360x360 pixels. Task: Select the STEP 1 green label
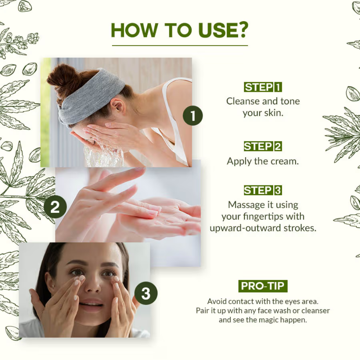(x=263, y=87)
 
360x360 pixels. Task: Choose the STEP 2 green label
(x=263, y=147)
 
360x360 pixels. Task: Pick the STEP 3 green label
(x=263, y=190)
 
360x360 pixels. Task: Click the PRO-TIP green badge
(x=263, y=286)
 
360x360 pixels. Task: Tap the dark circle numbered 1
(x=193, y=116)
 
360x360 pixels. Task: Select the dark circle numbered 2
(x=55, y=207)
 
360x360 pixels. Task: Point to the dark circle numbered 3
(x=146, y=293)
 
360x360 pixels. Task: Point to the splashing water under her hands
(x=103, y=155)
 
